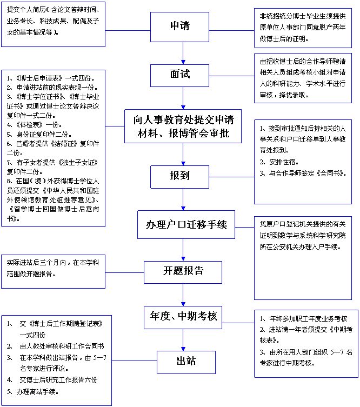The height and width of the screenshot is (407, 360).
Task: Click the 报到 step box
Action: pos(179,176)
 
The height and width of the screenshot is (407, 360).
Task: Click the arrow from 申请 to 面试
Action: pos(184,52)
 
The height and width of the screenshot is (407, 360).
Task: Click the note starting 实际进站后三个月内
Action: pos(52,269)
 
